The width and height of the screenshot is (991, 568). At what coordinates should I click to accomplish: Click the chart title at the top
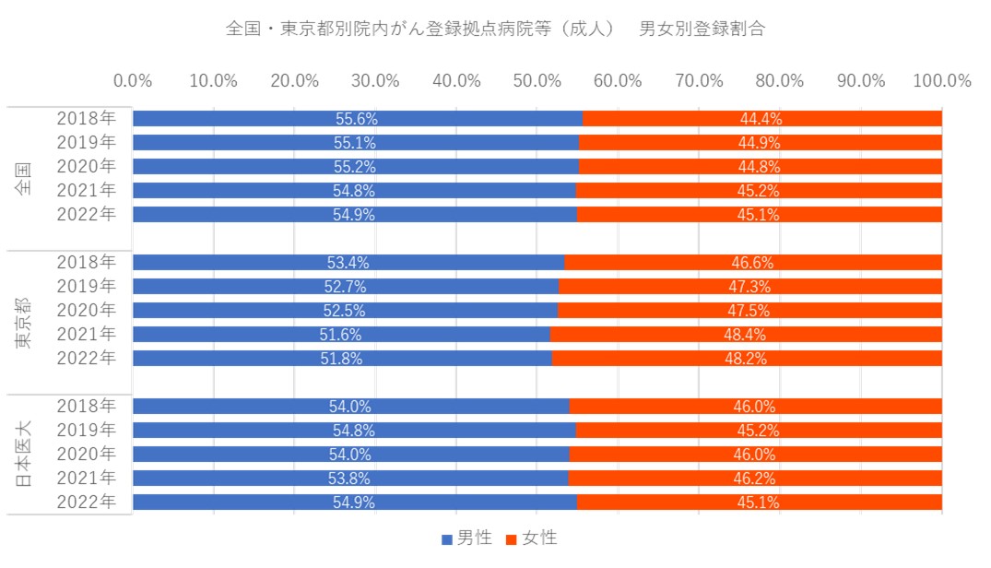coord(495,29)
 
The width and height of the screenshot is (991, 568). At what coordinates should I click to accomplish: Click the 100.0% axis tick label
coord(941,80)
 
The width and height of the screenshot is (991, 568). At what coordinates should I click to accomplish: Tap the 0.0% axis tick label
coord(133,80)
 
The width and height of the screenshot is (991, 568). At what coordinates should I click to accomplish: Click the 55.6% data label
coord(357,119)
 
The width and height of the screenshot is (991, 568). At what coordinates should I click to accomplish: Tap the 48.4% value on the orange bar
coord(747,335)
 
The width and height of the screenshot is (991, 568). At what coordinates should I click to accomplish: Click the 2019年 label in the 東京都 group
coord(86,286)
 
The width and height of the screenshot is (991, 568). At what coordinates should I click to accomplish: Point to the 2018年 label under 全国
coord(86,118)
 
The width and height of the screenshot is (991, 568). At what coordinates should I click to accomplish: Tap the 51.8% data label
coord(343,359)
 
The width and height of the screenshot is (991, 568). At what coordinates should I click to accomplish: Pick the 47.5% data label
coord(749,311)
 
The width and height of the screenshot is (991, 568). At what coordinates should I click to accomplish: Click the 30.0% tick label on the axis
coord(375,80)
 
